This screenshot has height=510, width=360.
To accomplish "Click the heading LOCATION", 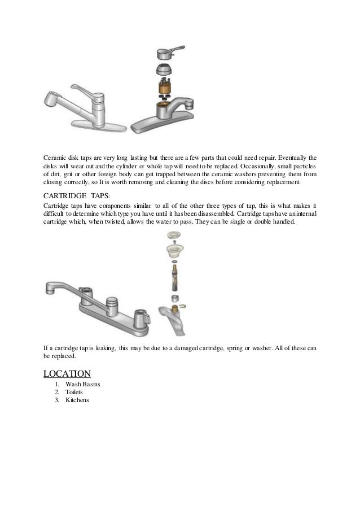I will pyautogui.click(x=67, y=373).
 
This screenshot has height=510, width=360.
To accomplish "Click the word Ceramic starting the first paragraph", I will pyautogui.click(x=55, y=156).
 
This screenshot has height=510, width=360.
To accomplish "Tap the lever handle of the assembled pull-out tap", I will pyautogui.click(x=85, y=90).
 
